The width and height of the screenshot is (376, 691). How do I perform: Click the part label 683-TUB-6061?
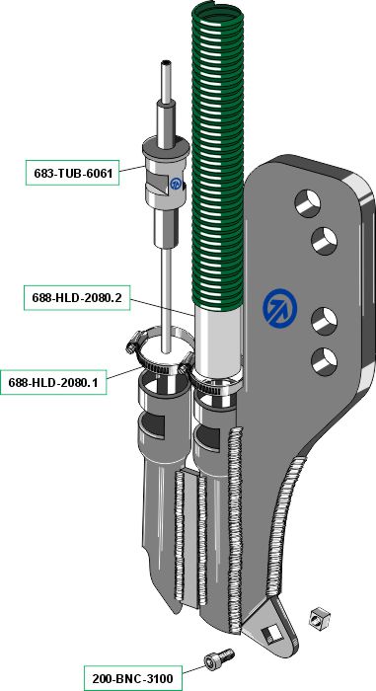coord(72,173)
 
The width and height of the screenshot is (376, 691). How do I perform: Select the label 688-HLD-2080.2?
coord(77,298)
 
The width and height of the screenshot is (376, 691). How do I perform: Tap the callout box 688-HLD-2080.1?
coord(53,382)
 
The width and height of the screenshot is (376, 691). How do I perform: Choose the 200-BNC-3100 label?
coord(132,678)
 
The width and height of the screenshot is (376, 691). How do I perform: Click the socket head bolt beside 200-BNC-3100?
coord(218,658)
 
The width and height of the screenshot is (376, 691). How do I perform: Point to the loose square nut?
coord(320,618)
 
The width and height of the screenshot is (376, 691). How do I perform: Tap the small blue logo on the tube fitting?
coord(176,183)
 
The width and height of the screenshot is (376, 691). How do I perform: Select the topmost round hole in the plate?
coord(308,203)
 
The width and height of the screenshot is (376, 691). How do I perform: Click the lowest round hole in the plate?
coord(324,361)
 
